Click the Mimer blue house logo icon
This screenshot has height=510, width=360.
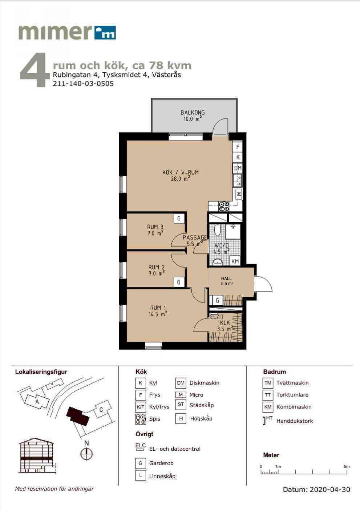pyautogui.click(x=105, y=33)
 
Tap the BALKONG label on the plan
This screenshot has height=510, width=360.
pyautogui.click(x=193, y=112)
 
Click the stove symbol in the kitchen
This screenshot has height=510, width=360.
pyautogui.click(x=224, y=206)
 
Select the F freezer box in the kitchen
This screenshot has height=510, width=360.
pyautogui.click(x=238, y=147)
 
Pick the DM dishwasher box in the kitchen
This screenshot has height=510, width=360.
pyautogui.click(x=238, y=168)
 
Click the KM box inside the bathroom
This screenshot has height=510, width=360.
pyautogui.click(x=235, y=261)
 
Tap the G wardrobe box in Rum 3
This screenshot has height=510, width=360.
pyautogui.click(x=179, y=218)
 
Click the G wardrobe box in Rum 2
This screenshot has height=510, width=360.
pyautogui.click(x=179, y=282)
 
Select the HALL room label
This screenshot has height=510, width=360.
pyautogui.click(x=226, y=278)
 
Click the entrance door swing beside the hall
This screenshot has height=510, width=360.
pyautogui.click(x=263, y=284)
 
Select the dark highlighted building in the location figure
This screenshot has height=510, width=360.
pyautogui.click(x=78, y=416)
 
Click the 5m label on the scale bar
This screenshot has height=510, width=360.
pyautogui.click(x=347, y=466)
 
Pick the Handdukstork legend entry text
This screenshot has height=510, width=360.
pyautogui.click(x=295, y=421)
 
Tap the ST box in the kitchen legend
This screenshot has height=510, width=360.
pyautogui.click(x=181, y=404)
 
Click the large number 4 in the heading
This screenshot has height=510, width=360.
pyautogui.click(x=35, y=70)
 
